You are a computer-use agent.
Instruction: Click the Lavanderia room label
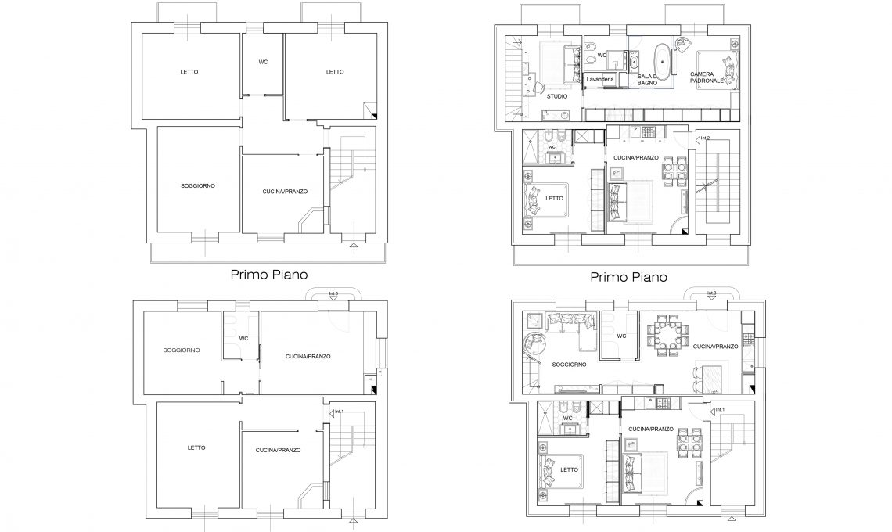(600, 79)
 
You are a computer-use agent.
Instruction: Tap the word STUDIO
(557, 97)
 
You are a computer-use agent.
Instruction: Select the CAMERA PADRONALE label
(707, 77)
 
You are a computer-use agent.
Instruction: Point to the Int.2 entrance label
(706, 138)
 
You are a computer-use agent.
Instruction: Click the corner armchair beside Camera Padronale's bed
(682, 42)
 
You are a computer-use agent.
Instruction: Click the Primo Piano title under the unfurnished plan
(269, 275)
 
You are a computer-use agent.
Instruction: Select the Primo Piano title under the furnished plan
(628, 277)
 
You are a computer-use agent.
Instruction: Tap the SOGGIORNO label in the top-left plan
(198, 186)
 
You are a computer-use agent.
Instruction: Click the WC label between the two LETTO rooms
(263, 62)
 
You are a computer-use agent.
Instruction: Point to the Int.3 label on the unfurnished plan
(333, 293)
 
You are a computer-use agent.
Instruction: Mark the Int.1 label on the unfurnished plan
(339, 412)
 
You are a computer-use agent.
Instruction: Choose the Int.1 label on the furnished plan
(720, 410)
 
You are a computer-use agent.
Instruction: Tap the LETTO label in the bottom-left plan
(196, 448)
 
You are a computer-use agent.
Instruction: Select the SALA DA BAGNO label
(647, 80)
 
